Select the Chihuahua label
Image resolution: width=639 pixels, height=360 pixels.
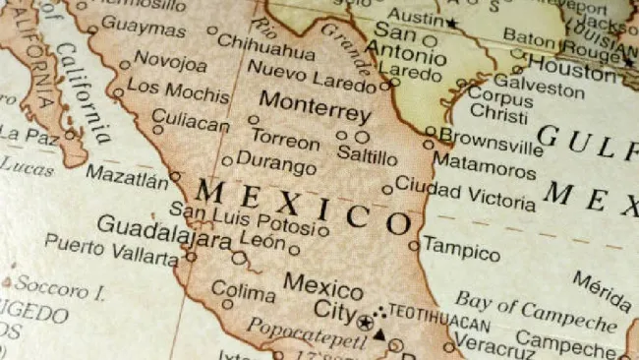coord(265,43)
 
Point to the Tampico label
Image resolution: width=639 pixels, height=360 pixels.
coord(461,247)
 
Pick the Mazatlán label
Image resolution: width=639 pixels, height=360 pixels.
coord(127,176)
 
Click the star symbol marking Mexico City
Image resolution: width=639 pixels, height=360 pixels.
coord(365,322)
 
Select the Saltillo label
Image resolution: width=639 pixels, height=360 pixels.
coord(367,156)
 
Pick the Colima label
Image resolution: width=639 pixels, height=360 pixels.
coord(244,293)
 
